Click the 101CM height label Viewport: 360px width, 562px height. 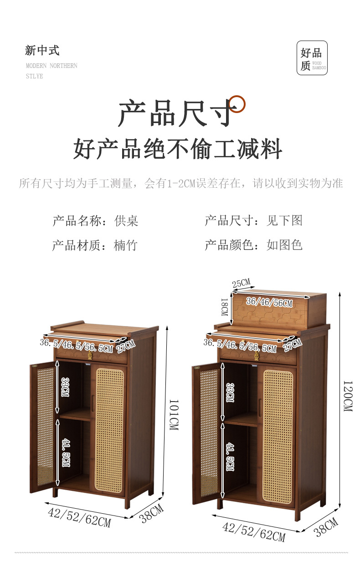[174, 415]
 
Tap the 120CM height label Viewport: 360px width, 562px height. [347, 396]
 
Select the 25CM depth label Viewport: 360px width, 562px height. [241, 284]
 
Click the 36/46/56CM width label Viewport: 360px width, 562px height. [269, 302]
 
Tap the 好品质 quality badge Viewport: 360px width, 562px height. [312, 58]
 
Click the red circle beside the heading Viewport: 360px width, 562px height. [237, 104]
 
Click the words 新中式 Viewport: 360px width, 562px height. [42, 51]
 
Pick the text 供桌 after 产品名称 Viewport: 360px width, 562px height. [126, 221]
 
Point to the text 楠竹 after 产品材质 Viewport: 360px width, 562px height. [125, 246]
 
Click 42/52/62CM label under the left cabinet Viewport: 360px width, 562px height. [79, 517]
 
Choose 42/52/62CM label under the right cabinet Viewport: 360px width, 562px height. [253, 532]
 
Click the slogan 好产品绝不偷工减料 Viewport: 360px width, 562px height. [178, 149]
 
